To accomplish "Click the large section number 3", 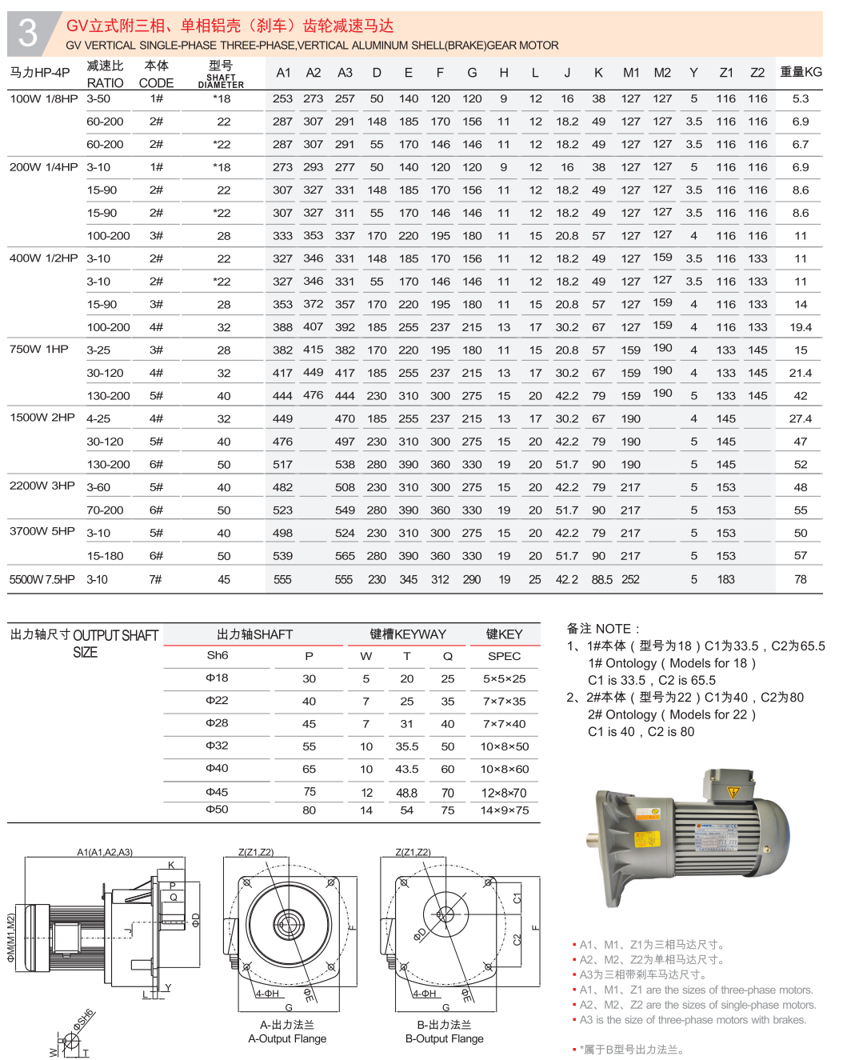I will [x=28, y=33].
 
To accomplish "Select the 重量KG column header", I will [x=801, y=72].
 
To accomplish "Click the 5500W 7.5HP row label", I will [x=42, y=579].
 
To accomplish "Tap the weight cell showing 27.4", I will [x=800, y=418].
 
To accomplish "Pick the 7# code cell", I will [x=156, y=579].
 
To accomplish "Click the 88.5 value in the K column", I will [x=601, y=579].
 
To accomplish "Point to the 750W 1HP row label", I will [x=39, y=350].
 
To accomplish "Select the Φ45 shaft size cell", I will [x=217, y=792].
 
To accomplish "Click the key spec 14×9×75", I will [x=504, y=810].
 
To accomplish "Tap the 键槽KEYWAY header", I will [x=408, y=634].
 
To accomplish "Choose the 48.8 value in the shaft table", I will [x=406, y=793].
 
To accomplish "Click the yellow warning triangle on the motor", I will [x=733, y=792].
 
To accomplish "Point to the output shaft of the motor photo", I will [x=593, y=841].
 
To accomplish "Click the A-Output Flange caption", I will [x=287, y=1038].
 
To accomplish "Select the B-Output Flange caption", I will [x=444, y=1038].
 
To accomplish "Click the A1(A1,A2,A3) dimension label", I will [x=105, y=852].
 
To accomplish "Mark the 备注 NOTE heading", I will [x=603, y=629].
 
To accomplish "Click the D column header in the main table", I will [x=377, y=73].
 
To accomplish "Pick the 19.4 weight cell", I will [x=800, y=327].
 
